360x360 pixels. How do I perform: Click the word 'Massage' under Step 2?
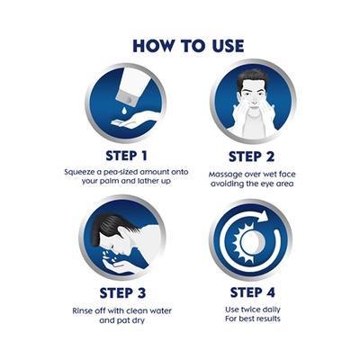(225, 172)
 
